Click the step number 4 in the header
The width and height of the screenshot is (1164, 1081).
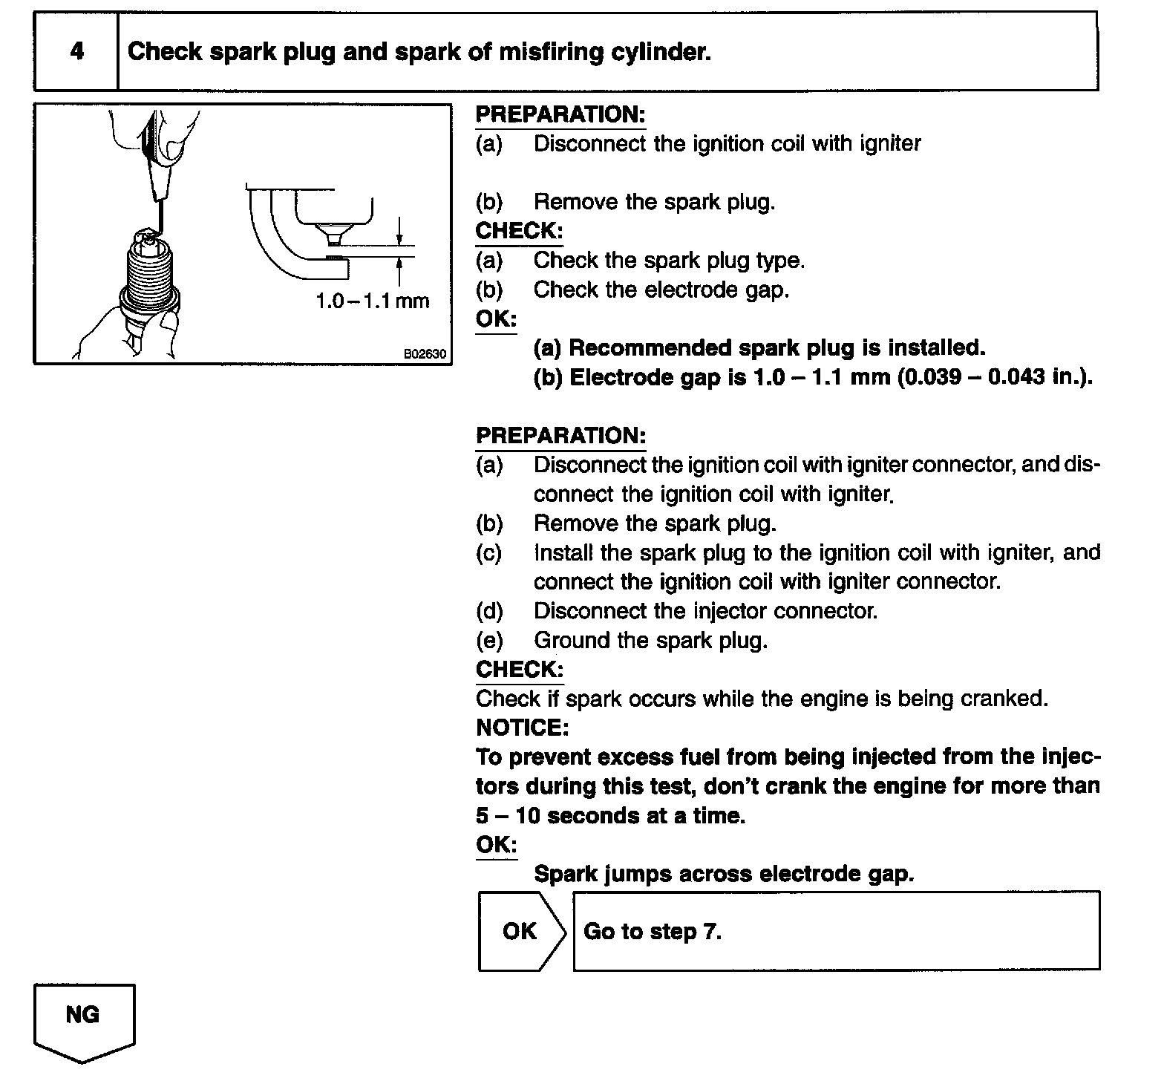(76, 51)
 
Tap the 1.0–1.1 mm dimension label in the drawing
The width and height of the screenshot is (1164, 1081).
(372, 301)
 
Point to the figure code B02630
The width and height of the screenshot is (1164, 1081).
(425, 354)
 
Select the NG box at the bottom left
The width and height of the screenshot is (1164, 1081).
(83, 1016)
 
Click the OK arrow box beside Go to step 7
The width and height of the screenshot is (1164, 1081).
(520, 931)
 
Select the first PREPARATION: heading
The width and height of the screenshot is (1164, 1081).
(560, 115)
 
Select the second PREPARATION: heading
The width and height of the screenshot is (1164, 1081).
(560, 436)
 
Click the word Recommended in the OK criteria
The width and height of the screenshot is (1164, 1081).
(648, 347)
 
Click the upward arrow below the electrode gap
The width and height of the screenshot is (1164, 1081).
(399, 271)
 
